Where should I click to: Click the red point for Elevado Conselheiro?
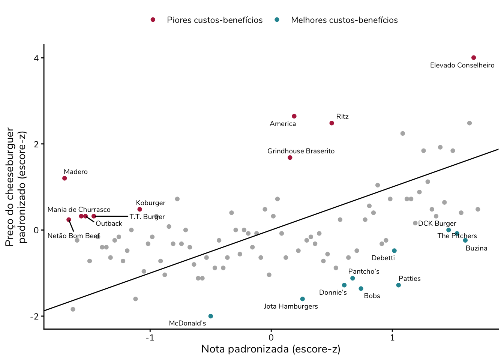click(x=474, y=58)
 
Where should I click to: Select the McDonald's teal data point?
click(x=211, y=316)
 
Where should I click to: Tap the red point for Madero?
click(x=64, y=178)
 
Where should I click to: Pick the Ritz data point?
click(x=332, y=123)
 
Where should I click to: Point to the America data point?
click(x=294, y=116)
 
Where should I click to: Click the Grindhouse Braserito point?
click(x=290, y=157)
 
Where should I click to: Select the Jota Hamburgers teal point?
click(x=303, y=299)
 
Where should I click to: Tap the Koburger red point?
click(x=139, y=209)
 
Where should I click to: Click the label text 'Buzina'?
click(x=476, y=248)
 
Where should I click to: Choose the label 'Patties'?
click(x=409, y=279)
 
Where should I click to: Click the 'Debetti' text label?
click(x=383, y=258)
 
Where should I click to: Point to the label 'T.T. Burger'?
click(x=147, y=217)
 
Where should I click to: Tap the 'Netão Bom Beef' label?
click(x=73, y=236)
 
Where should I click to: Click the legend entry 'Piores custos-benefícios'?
click(x=214, y=20)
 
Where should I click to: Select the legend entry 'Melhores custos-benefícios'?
click(x=344, y=20)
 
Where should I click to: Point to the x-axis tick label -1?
click(x=150, y=337)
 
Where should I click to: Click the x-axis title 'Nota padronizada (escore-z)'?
click(x=271, y=349)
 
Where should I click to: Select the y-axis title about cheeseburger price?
click(x=15, y=187)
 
